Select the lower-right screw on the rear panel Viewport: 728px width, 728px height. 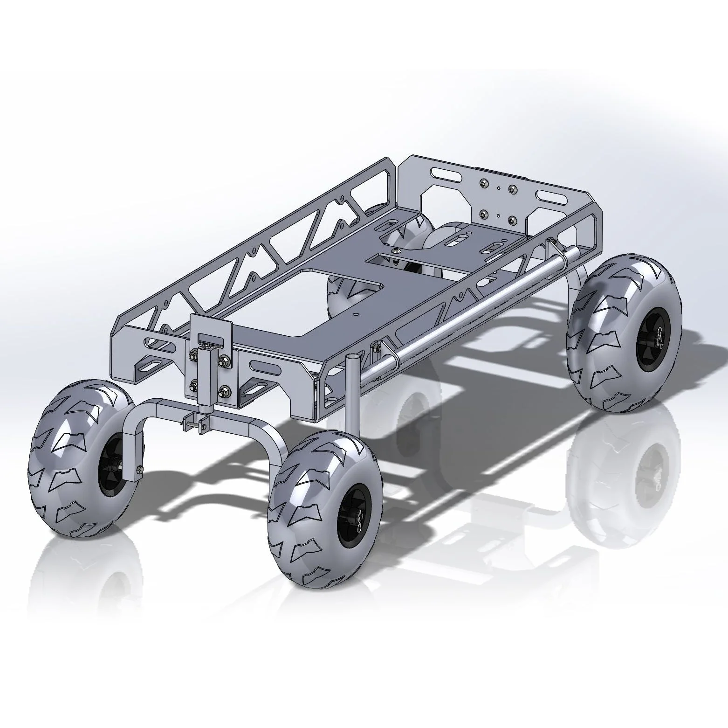512,219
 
